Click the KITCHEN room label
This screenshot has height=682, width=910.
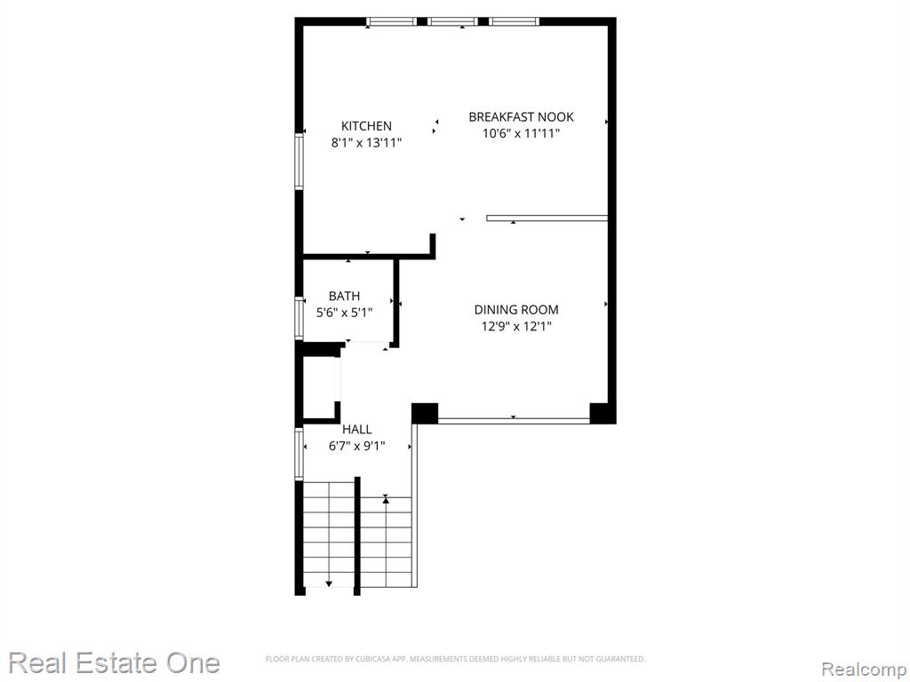(x=366, y=126)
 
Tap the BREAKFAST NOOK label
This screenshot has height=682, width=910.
(x=521, y=116)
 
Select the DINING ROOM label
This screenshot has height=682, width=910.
(x=516, y=310)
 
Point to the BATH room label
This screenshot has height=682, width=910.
(x=344, y=296)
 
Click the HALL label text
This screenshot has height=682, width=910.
(x=357, y=429)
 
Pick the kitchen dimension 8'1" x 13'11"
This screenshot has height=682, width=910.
(x=366, y=142)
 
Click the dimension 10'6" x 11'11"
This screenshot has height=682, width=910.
(x=521, y=133)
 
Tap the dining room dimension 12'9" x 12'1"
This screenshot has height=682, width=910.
(x=516, y=326)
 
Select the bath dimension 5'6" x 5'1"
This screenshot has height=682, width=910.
(x=344, y=313)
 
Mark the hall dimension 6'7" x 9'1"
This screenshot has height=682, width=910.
(x=357, y=446)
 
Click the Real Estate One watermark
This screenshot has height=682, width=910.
(x=115, y=662)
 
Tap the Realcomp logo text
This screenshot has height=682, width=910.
(x=864, y=669)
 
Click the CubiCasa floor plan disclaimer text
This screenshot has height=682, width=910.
(x=455, y=659)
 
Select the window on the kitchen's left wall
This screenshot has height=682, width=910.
(x=299, y=162)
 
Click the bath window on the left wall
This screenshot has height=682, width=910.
(x=299, y=318)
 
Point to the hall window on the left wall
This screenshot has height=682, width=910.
(x=299, y=454)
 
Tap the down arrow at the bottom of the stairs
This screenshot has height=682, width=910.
(x=329, y=583)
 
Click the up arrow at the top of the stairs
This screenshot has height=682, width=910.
(x=386, y=499)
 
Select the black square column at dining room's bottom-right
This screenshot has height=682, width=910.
(x=602, y=412)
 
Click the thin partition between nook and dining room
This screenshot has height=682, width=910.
(x=547, y=218)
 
